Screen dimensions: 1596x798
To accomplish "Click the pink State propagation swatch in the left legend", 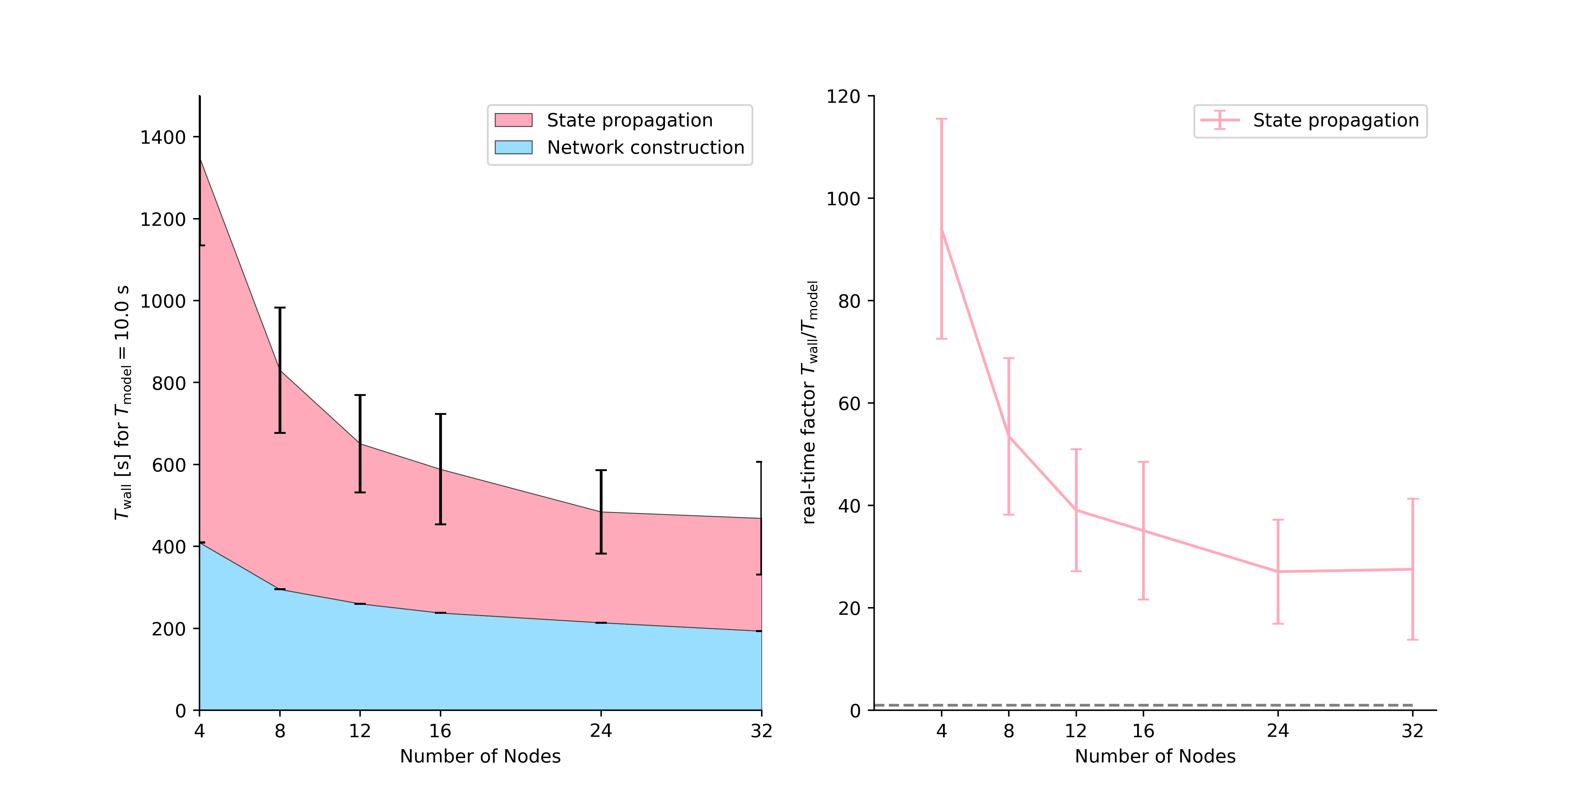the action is (x=514, y=120).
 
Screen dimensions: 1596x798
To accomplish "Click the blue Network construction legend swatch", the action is (x=514, y=147).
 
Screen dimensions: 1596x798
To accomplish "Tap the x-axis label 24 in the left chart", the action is (x=601, y=731).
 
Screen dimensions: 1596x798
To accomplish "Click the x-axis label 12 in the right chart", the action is (x=1076, y=731).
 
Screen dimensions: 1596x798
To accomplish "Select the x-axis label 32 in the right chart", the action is (x=1412, y=731).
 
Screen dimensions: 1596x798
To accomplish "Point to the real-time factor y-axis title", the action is (x=810, y=403).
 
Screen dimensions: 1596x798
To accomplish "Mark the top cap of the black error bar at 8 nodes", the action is (x=280, y=308).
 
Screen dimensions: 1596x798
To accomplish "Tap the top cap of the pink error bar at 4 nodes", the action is (x=942, y=119).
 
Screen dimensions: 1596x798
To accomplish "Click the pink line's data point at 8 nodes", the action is (x=1009, y=437).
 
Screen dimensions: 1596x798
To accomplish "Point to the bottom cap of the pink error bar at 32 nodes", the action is (x=1412, y=639).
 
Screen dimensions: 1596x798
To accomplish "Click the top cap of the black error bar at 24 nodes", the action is (x=601, y=471).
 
